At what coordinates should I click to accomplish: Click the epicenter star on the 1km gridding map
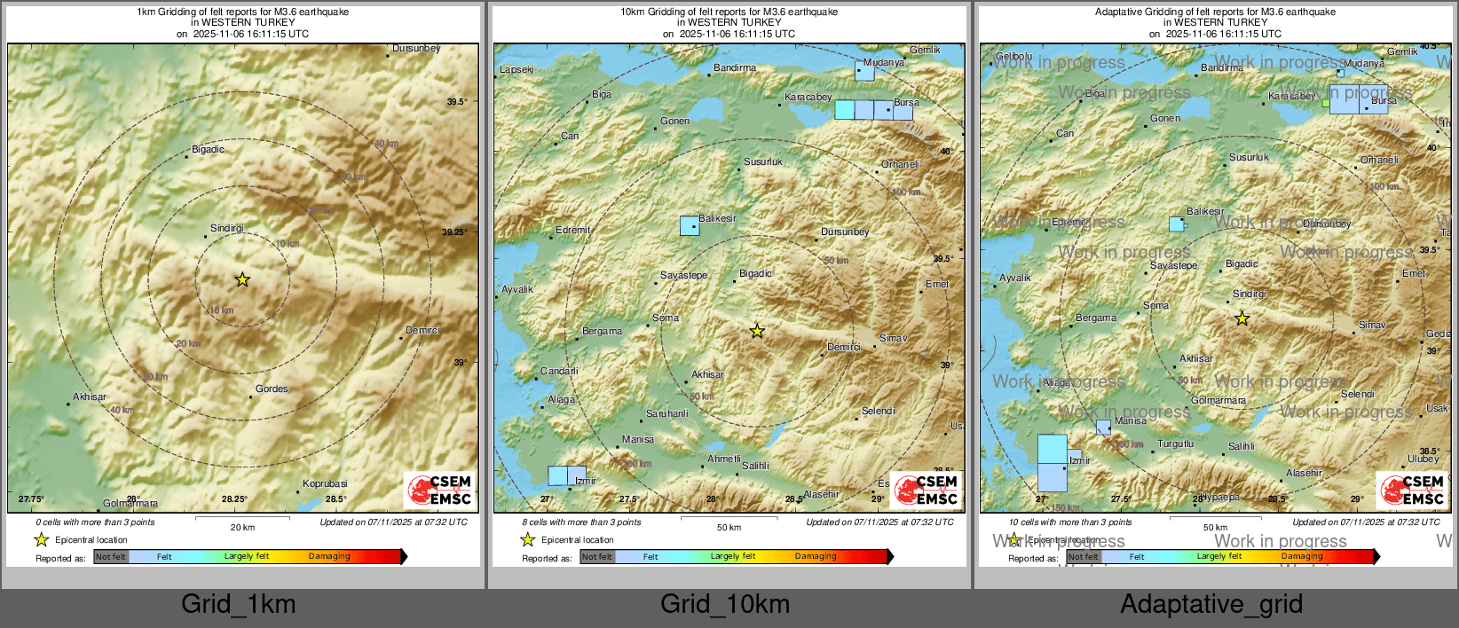click(242, 279)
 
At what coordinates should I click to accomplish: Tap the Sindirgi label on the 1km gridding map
click(226, 229)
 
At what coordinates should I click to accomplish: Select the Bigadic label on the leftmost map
click(208, 149)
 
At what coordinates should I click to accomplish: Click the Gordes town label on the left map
click(272, 389)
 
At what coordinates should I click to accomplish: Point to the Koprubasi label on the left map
click(325, 483)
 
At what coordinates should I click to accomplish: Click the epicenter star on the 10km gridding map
click(756, 331)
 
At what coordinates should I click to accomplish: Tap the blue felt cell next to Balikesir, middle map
click(690, 225)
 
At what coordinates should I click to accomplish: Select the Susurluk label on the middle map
click(763, 161)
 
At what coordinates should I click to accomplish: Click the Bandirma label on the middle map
click(735, 67)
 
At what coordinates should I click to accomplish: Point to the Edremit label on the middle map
click(572, 230)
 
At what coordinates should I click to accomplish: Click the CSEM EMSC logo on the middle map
click(927, 490)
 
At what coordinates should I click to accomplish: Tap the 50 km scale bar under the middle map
click(729, 518)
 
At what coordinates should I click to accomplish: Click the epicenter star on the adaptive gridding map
click(1242, 318)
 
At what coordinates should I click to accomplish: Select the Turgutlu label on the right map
click(1176, 444)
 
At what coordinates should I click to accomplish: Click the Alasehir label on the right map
click(1304, 473)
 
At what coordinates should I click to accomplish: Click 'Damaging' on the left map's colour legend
click(329, 556)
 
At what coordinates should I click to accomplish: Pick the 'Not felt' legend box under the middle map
click(597, 557)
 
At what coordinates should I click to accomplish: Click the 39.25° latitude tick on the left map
click(454, 232)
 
